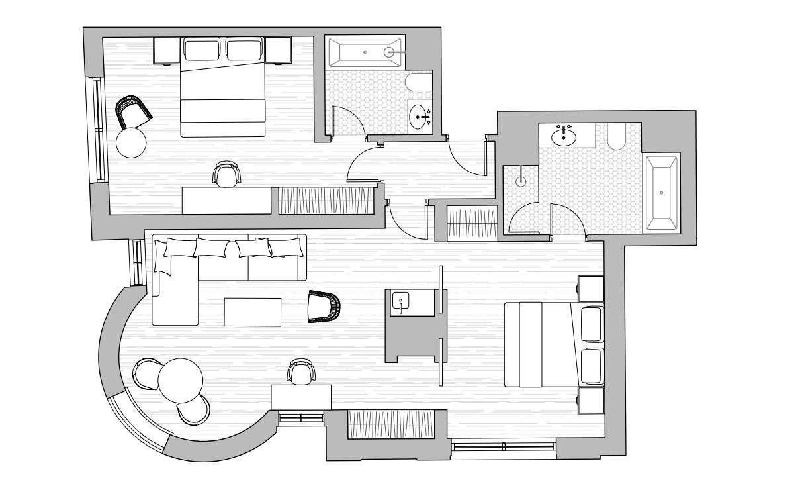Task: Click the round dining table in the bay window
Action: point(180,379)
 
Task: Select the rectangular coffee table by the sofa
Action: point(252,312)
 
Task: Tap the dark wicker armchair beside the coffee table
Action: point(324,307)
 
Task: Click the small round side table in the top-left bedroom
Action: point(131,142)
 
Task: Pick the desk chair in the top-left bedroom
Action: point(226,175)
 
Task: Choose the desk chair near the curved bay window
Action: point(300,372)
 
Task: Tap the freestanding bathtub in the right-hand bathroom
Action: point(662,193)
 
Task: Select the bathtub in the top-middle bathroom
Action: point(365,51)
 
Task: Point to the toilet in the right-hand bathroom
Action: point(615,136)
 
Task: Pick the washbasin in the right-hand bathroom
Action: point(563,136)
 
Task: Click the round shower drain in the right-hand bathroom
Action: point(521,179)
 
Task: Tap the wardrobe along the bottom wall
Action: point(392,424)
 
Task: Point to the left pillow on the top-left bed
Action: point(202,50)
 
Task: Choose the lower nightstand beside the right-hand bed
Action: point(591,401)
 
